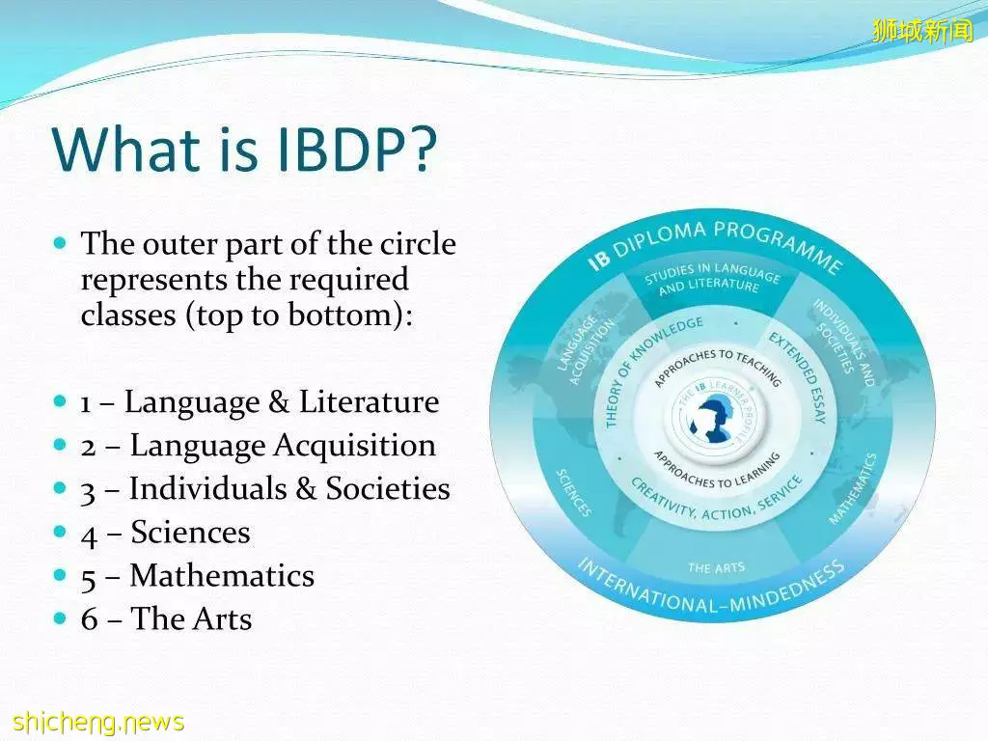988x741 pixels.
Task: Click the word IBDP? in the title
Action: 357,150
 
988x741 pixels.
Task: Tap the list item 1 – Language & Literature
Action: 260,402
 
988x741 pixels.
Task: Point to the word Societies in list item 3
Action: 388,489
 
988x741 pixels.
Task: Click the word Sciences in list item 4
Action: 190,533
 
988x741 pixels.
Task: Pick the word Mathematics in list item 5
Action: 222,576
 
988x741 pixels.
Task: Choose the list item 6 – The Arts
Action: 166,618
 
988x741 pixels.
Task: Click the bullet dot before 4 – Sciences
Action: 60,532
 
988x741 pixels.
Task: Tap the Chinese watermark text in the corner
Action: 923,30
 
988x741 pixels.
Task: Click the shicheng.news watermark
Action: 98,721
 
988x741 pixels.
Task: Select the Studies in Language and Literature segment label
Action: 711,279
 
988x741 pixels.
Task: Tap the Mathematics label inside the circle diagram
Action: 853,489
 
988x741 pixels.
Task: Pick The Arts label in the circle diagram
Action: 716,567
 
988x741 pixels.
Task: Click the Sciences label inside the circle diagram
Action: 573,493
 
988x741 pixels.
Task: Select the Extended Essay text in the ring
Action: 798,377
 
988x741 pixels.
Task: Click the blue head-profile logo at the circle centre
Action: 713,419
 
